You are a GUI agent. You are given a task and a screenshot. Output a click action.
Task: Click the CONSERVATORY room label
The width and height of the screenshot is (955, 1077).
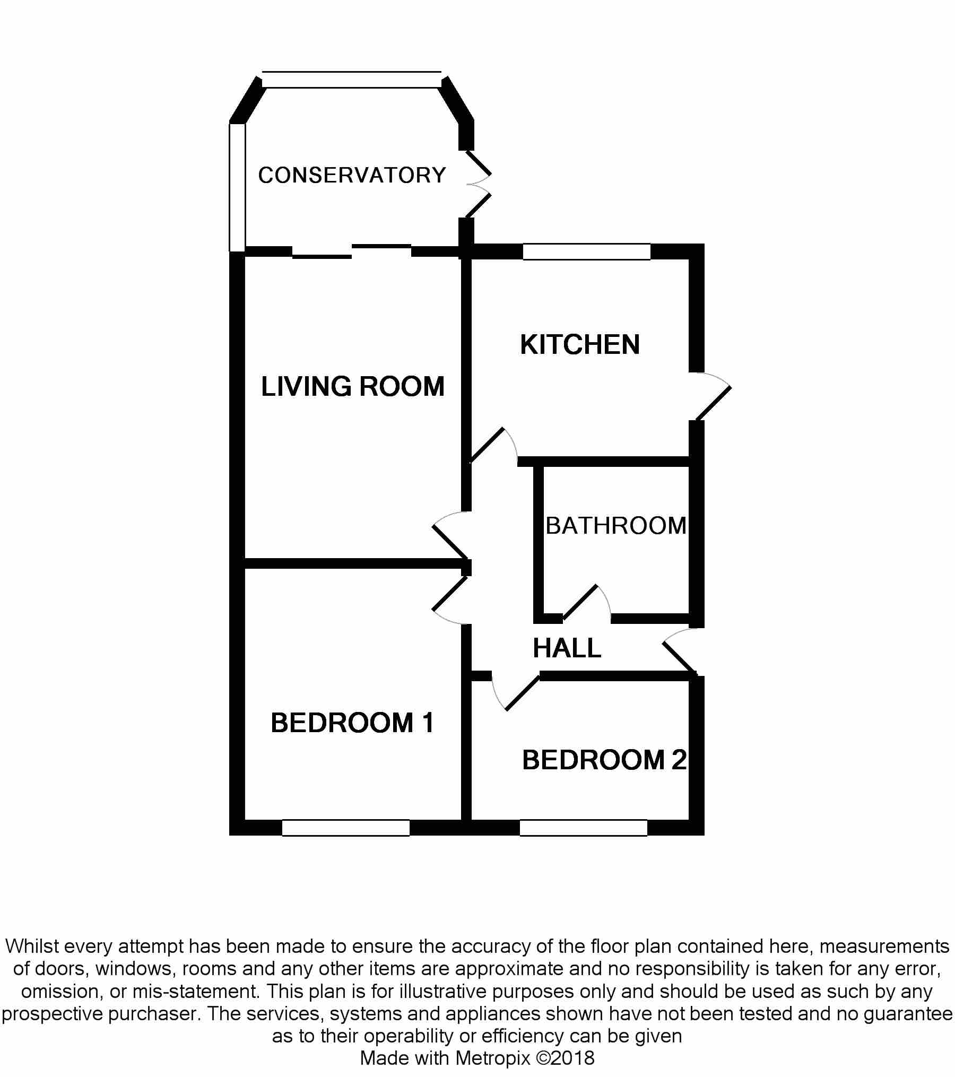352,175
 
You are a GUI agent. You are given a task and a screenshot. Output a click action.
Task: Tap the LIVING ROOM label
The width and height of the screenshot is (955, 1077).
353,386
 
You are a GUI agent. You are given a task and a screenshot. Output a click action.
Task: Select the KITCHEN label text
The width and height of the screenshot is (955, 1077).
580,345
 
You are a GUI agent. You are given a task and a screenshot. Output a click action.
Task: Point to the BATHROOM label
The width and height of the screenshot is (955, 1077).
616,526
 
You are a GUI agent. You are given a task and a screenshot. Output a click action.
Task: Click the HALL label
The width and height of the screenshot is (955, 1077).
567,648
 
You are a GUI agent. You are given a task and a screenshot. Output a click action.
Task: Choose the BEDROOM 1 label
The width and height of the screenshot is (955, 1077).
352,723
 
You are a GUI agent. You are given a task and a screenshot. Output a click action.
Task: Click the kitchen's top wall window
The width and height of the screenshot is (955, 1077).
586,251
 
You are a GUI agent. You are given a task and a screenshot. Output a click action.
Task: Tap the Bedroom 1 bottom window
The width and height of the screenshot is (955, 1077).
345,828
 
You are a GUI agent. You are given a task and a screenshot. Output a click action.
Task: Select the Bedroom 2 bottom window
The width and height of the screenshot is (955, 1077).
583,828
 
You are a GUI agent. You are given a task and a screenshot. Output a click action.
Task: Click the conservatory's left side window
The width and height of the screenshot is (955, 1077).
237,187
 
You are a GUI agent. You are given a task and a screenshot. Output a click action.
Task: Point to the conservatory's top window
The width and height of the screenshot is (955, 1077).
352,80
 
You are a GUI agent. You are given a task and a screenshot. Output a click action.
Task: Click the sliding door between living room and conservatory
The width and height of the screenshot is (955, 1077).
352,251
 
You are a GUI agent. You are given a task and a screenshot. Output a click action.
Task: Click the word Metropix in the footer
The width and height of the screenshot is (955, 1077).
493,1058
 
